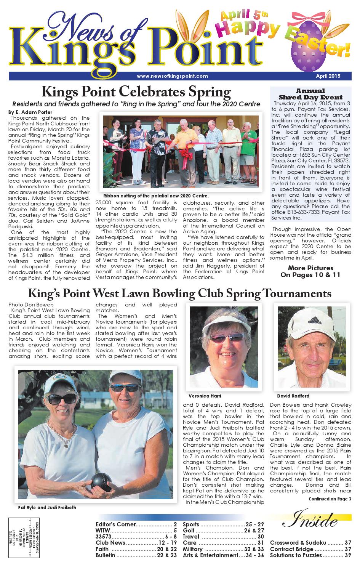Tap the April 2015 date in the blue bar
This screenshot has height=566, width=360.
tap(328, 76)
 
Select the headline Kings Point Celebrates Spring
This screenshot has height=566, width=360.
tap(136, 92)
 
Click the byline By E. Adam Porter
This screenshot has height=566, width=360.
tap(30, 112)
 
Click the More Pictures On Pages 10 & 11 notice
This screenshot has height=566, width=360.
tap(310, 271)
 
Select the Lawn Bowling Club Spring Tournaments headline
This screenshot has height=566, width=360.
tap(179, 293)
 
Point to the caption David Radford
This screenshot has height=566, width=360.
tap(293, 396)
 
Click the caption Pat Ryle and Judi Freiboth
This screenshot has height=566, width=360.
tap(47, 507)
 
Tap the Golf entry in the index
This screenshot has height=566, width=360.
tap(223, 531)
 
